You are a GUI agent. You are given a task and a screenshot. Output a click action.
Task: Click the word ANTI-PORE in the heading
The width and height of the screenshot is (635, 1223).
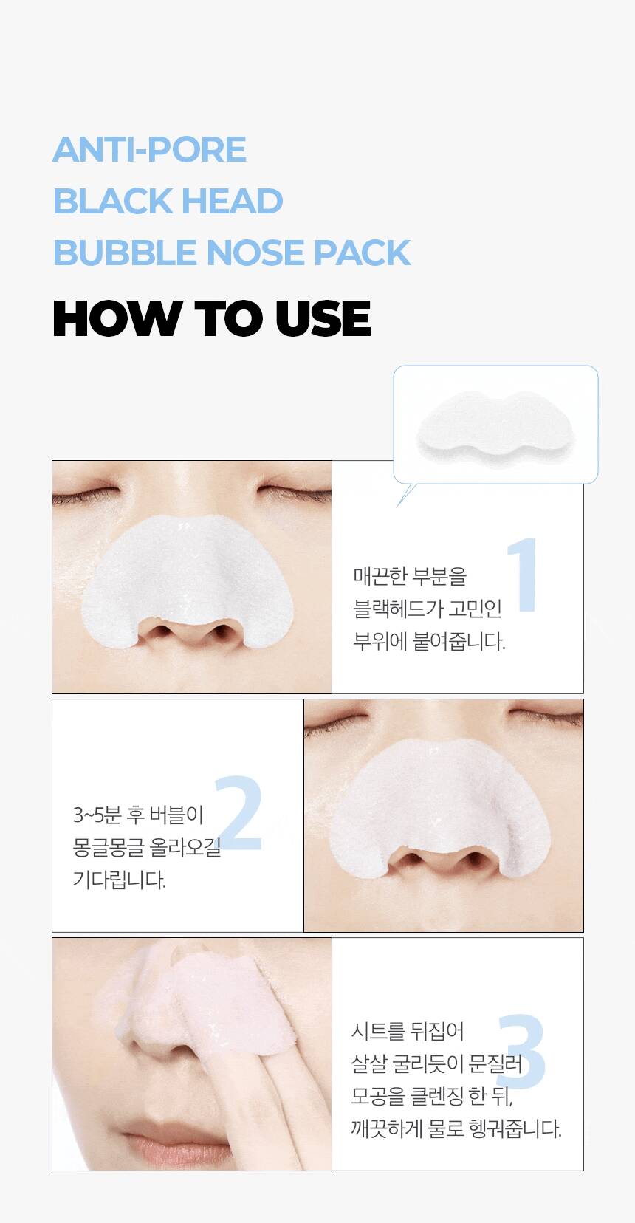coord(150,150)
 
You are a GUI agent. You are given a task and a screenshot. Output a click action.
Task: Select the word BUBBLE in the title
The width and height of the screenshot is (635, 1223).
coord(125,253)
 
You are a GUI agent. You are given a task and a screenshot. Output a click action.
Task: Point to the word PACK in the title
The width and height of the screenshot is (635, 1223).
coord(362,253)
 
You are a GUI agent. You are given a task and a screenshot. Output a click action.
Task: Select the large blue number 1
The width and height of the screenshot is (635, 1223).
coord(523,575)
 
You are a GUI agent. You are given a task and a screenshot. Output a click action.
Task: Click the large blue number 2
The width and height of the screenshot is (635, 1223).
coord(239,814)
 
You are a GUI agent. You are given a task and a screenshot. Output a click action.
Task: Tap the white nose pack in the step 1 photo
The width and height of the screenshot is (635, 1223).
coord(187,579)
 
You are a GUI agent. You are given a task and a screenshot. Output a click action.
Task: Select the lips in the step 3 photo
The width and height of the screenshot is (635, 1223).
coord(177,1146)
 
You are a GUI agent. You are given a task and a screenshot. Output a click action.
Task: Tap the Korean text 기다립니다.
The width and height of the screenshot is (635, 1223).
coord(119,880)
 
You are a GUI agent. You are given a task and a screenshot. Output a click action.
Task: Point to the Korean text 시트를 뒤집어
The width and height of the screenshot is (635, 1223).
coord(408,1032)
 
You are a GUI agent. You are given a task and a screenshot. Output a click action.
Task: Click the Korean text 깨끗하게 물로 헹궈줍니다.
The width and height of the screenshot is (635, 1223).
coord(456,1128)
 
